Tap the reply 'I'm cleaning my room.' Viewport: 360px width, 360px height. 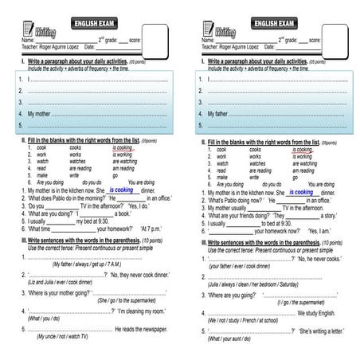point(142,311)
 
